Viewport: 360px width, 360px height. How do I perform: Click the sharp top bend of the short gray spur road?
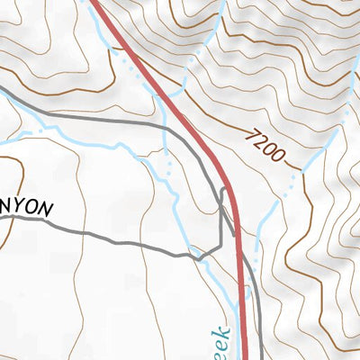(222, 189)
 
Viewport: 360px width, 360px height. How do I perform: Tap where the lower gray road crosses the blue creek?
(202, 256)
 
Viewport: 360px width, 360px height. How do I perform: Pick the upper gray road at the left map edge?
(4, 91)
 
